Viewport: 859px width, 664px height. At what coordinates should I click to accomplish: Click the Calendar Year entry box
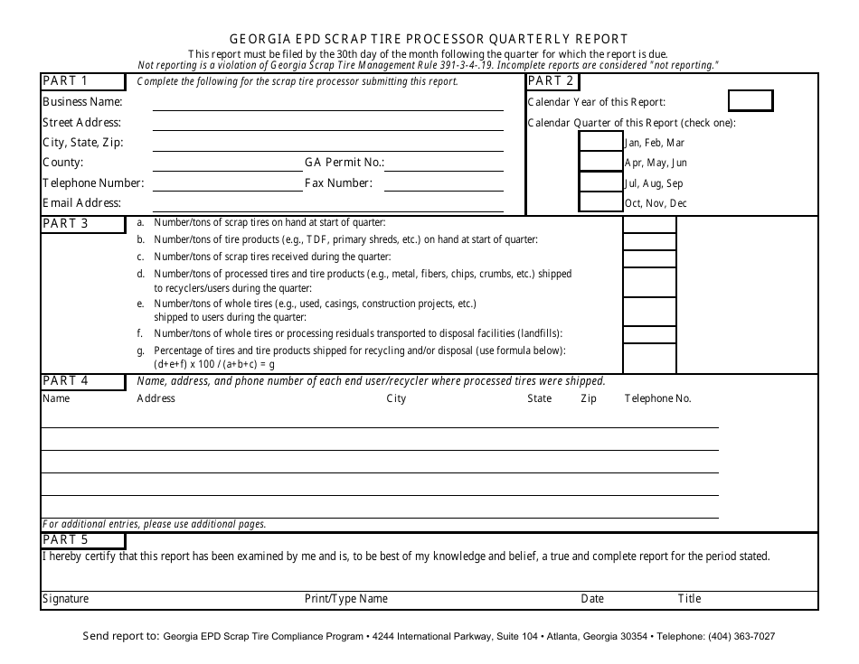click(x=750, y=100)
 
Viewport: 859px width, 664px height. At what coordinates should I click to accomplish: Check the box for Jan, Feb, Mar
click(x=600, y=142)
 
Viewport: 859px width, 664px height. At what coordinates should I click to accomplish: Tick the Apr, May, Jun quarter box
click(x=600, y=162)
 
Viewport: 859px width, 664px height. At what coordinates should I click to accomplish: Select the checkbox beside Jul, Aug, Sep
click(x=600, y=182)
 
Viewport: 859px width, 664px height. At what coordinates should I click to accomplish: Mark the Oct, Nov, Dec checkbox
click(x=600, y=203)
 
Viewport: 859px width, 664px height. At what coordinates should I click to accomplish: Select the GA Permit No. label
click(x=345, y=163)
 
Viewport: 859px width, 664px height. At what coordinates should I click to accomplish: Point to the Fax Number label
click(x=338, y=182)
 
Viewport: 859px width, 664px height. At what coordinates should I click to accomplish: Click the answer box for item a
click(x=649, y=225)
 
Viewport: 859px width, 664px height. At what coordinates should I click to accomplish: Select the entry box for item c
click(x=649, y=257)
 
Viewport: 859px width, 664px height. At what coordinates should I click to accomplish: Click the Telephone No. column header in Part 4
click(x=657, y=398)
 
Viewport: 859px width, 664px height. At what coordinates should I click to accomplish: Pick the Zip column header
click(x=589, y=398)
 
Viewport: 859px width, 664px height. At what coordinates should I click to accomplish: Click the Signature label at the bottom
click(x=66, y=599)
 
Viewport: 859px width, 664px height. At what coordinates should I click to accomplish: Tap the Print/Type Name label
click(x=346, y=599)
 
